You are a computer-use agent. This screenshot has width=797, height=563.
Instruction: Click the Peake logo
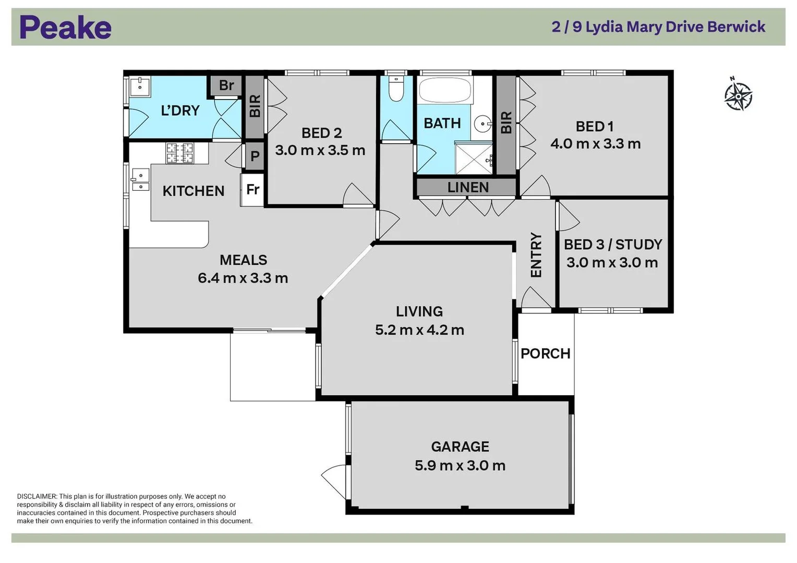(x=65, y=28)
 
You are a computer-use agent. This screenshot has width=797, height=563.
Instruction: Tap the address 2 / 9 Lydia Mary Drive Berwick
(x=658, y=27)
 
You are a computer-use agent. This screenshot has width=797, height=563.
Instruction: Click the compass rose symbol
(x=738, y=95)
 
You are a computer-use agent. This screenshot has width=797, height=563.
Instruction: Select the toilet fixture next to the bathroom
(x=396, y=90)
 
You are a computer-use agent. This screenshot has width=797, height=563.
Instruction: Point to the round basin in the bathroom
(x=482, y=124)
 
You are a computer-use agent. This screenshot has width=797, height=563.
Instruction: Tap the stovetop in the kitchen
(x=179, y=153)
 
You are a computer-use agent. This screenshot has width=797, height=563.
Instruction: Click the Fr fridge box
(x=252, y=190)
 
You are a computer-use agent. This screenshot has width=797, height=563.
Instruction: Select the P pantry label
(x=255, y=156)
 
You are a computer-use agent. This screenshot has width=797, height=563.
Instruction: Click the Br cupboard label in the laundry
(x=226, y=85)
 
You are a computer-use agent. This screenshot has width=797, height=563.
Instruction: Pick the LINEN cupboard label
(x=468, y=188)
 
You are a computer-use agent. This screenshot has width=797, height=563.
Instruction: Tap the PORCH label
(x=546, y=353)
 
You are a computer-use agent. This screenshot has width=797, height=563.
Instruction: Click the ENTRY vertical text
(x=536, y=255)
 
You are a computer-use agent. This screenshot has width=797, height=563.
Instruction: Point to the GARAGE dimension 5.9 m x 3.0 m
(x=460, y=466)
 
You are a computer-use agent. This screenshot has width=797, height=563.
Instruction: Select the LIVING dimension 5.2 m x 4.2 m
(x=419, y=330)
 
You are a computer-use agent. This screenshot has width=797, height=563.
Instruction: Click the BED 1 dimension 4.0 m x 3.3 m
(x=595, y=144)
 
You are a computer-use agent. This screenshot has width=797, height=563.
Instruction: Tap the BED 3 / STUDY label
(x=613, y=244)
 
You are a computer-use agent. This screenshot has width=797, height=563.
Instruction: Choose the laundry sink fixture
(x=140, y=87)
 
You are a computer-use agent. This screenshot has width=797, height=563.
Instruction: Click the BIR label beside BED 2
(x=255, y=106)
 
